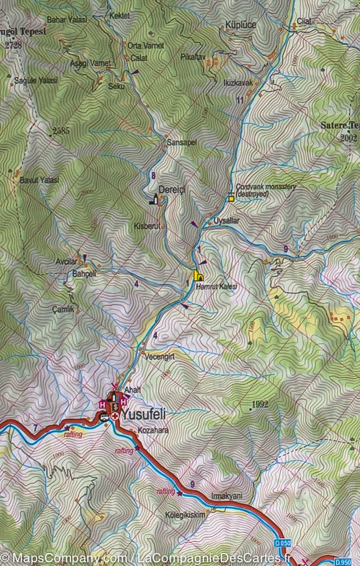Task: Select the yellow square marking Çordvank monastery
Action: (x=231, y=199)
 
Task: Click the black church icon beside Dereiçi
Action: (x=153, y=200)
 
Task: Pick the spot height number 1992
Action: (x=260, y=404)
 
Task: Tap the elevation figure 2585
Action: (x=61, y=131)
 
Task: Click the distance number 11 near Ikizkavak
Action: (x=240, y=100)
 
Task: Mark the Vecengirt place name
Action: (x=160, y=357)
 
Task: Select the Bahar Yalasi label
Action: (x=67, y=20)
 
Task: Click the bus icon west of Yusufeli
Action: (x=102, y=416)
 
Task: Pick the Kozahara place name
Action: (x=153, y=431)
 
